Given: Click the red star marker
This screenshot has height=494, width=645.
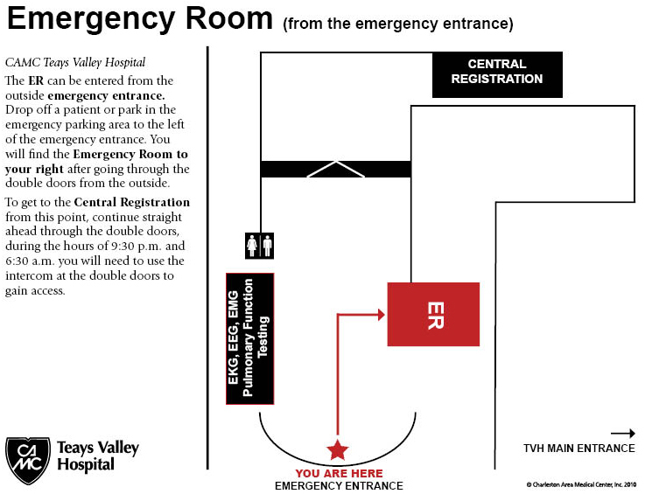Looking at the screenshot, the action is [x=338, y=449].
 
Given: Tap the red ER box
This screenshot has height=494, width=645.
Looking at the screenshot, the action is [x=433, y=315].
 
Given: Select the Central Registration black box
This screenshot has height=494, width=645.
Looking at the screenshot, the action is [x=497, y=75].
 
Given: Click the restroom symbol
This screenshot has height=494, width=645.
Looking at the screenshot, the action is [x=260, y=246].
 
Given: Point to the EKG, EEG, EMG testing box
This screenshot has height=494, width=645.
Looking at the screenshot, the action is [x=250, y=338].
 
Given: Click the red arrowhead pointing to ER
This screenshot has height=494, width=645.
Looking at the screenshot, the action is [x=382, y=315].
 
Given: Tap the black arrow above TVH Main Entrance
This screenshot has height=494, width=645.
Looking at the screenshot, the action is [x=623, y=433].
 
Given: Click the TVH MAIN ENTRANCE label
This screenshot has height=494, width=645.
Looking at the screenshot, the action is [x=579, y=448].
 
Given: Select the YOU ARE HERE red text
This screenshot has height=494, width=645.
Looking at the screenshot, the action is [x=339, y=473].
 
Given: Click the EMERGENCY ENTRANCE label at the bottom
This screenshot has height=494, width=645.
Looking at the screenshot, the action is [x=339, y=486].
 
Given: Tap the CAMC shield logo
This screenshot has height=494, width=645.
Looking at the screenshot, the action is [x=28, y=460].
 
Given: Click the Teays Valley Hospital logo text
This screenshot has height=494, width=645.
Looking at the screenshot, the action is [x=98, y=456].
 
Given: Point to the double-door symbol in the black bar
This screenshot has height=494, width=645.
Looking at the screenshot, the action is [x=336, y=169].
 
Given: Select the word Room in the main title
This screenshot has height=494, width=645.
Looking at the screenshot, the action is [x=228, y=18].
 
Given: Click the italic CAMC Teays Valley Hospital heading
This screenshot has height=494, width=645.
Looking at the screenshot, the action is [x=75, y=62].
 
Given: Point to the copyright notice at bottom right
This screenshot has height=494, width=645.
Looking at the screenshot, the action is [x=581, y=485].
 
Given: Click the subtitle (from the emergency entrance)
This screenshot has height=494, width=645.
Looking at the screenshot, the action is [x=398, y=24].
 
